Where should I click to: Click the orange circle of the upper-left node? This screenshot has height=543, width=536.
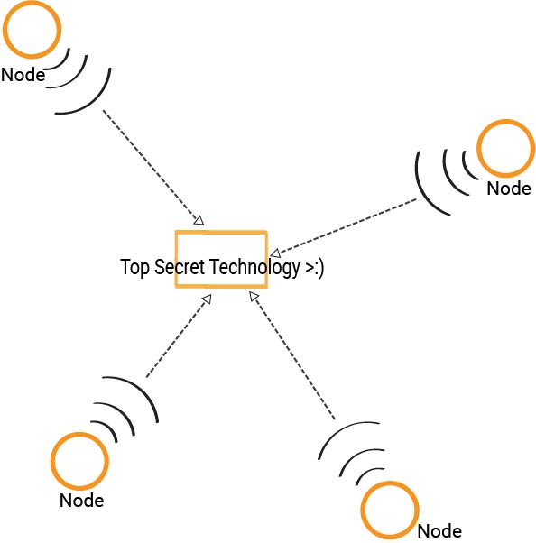click(x=32, y=55)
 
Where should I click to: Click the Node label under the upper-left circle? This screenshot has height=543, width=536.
click(x=23, y=75)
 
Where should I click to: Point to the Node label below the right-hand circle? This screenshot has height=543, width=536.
click(x=509, y=189)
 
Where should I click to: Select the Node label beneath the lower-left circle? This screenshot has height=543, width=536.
click(x=82, y=501)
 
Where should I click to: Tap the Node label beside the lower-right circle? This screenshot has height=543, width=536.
click(x=439, y=531)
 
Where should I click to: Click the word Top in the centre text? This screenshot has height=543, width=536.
click(x=134, y=267)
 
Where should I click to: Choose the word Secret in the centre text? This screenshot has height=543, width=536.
click(x=180, y=267)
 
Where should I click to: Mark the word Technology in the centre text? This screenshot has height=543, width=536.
click(x=254, y=268)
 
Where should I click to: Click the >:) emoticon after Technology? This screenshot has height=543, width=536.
click(x=315, y=268)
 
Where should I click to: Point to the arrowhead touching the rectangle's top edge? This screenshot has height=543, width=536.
click(x=199, y=221)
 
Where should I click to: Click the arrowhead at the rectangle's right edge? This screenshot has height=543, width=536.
click(x=275, y=253)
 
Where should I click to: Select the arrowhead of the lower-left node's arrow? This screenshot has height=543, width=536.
click(x=208, y=299)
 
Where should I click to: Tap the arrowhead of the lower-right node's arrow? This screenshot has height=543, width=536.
click(x=254, y=296)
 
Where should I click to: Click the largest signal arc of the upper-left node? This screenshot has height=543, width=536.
click(x=96, y=102)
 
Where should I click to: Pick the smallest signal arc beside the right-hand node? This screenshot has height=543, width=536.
click(x=466, y=168)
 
